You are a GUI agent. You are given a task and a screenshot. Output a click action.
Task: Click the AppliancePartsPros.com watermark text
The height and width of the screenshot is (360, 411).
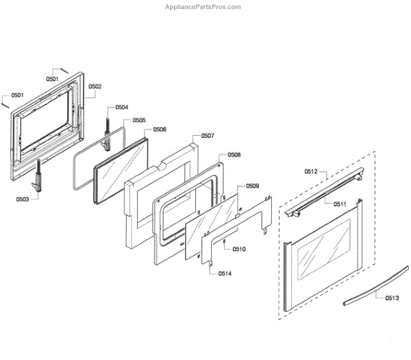pyautogui.click(x=203, y=7)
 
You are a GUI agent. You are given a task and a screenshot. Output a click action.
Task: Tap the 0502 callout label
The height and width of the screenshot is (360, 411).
pyautogui.click(x=95, y=86)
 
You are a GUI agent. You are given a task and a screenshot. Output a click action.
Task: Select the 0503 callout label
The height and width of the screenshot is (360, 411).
pyautogui.click(x=24, y=199)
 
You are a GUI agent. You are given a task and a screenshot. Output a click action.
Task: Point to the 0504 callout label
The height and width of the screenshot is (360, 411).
pyautogui.click(x=122, y=108)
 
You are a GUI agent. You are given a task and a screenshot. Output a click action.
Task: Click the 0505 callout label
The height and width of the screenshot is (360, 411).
pyautogui.click(x=139, y=120)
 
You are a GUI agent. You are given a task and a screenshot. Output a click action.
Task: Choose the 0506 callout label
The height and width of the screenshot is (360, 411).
pyautogui.click(x=160, y=129)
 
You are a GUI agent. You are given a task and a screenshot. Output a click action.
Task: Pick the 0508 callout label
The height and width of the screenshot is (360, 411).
pyautogui.click(x=234, y=155)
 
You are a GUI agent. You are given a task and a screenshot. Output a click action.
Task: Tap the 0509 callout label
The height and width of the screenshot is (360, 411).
pyautogui.click(x=253, y=186)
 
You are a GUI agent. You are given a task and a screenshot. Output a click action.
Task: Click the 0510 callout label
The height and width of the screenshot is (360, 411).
pyautogui.click(x=239, y=249)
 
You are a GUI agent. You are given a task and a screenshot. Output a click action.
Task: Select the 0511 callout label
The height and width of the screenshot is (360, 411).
pyautogui.click(x=340, y=204)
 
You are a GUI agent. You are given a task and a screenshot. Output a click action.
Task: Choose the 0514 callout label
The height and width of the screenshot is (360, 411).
pyautogui.click(x=225, y=274)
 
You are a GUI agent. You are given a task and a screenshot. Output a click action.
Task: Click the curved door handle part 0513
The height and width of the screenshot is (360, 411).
pyautogui.click(x=363, y=289)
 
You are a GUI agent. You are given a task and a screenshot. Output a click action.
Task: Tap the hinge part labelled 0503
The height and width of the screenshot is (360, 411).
pyautogui.click(x=40, y=177)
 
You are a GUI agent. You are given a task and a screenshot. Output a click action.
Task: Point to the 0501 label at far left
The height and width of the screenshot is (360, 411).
pyautogui.click(x=17, y=95)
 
